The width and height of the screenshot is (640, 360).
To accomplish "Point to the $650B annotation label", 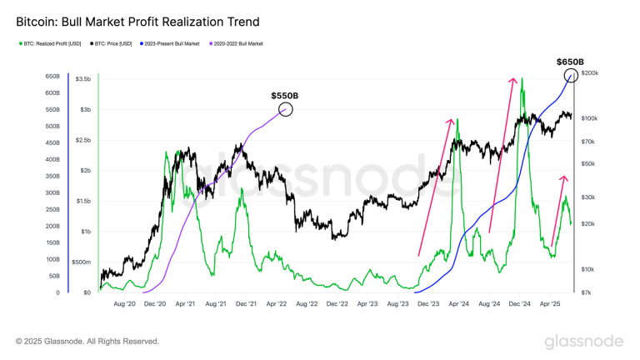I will pyautogui.click(x=571, y=62).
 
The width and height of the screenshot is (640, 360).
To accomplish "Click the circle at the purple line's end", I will pyautogui.click(x=286, y=109).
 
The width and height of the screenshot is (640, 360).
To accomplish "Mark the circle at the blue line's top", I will pyautogui.click(x=572, y=76).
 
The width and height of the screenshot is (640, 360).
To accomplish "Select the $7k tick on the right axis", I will pyautogui.click(x=586, y=292).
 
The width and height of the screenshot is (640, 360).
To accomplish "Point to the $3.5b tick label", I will pyautogui.click(x=82, y=79).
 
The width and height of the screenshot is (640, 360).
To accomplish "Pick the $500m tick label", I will pyautogui.click(x=81, y=262).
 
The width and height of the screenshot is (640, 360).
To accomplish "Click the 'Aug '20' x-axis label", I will pyautogui.click(x=124, y=305).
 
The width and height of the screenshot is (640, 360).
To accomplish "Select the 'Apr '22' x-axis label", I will pyautogui.click(x=276, y=305).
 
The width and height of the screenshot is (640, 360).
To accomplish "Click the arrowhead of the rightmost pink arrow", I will pyautogui.click(x=564, y=177).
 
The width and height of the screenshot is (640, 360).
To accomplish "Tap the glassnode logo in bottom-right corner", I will pyautogui.click(x=583, y=341).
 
